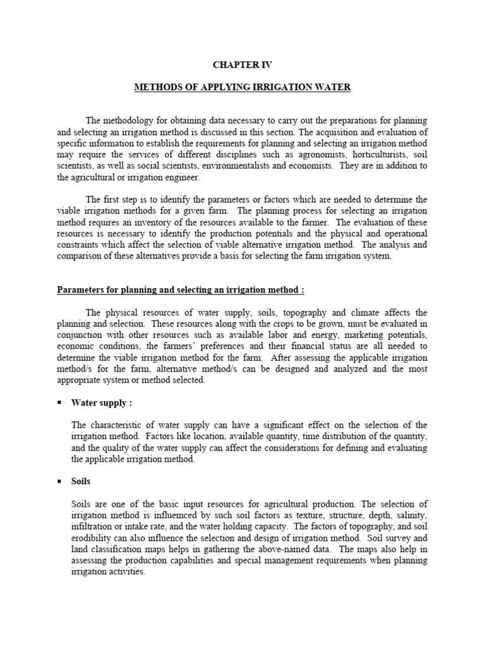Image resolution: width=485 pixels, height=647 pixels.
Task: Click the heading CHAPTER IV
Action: click(242, 64)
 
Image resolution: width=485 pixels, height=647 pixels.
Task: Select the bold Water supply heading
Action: click(102, 402)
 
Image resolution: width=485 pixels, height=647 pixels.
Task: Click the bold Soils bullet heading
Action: click(81, 481)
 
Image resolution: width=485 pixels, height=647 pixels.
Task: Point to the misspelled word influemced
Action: click(179, 516)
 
